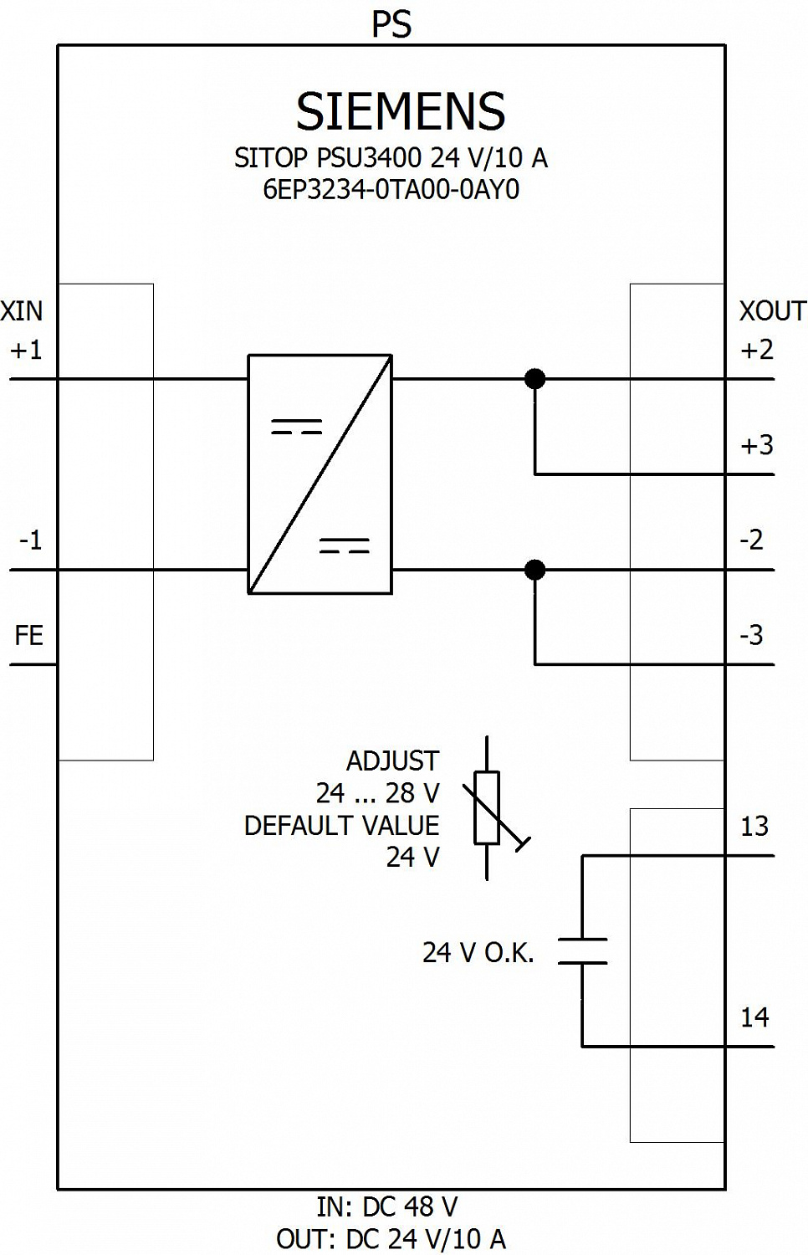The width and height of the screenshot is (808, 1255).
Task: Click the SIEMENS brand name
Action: [401, 111]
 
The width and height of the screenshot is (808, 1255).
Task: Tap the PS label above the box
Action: [392, 24]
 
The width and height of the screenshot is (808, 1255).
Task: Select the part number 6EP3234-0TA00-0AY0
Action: [391, 190]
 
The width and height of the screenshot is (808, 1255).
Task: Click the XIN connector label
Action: [21, 311]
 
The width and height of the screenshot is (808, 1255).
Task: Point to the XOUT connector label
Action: [773, 311]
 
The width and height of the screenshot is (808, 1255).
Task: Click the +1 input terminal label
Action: [26, 351]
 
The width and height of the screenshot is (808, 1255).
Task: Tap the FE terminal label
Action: [28, 636]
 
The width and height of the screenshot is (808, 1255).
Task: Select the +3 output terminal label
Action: [756, 445]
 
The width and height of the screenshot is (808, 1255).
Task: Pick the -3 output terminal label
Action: [751, 636]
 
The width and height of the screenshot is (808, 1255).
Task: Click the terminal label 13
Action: [754, 827]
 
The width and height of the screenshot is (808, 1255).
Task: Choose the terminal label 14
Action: [754, 1017]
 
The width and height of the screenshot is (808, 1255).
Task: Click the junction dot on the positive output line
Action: [535, 379]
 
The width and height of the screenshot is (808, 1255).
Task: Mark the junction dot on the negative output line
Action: [535, 570]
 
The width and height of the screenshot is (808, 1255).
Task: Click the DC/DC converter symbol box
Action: [320, 474]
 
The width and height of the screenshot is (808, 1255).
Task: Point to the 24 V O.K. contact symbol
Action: [582, 950]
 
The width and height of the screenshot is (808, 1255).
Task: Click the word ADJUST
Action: [392, 761]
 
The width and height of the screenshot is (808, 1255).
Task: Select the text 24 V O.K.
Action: [478, 952]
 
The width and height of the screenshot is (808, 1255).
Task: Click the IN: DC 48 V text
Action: [387, 1206]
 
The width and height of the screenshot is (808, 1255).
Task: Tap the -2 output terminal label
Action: [751, 540]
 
